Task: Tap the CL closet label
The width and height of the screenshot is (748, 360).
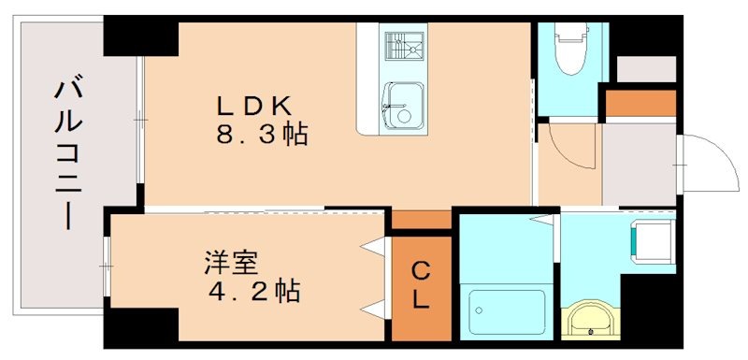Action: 421,285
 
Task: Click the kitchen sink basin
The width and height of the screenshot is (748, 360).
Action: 402,100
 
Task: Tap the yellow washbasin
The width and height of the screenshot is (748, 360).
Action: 590,317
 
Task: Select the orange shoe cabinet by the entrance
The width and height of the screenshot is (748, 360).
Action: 640,103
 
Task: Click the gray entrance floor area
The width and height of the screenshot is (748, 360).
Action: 640,164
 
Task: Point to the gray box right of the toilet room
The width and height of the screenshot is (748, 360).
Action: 646,69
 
